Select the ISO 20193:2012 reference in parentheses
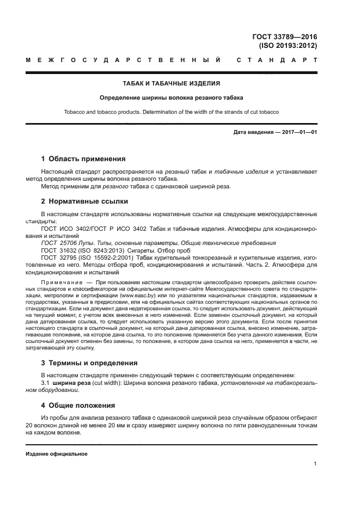coord(288,46)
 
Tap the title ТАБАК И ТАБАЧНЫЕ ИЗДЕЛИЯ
coord(171,84)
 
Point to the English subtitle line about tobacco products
coord(171,112)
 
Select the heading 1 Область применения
coord(83,159)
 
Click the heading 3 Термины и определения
coord(89,363)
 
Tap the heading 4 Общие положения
coord(78,405)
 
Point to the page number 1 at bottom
coord(315,464)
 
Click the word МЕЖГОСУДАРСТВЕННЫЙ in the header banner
coord(123,59)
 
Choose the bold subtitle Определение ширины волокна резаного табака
coord(171,98)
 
